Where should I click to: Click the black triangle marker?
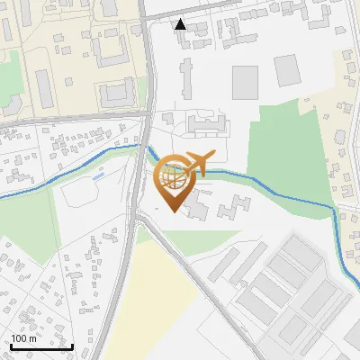(x=181, y=24)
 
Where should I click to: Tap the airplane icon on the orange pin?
(x=197, y=163)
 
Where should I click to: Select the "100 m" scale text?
(x=23, y=338)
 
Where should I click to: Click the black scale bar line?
(x=41, y=346)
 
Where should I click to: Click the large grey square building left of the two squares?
(x=245, y=82)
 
